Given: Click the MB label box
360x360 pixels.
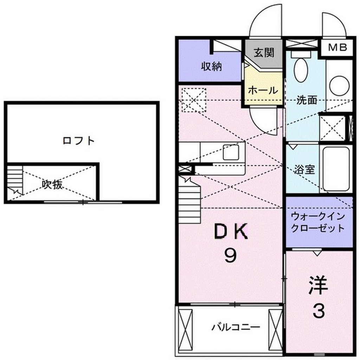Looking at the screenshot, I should point(337,47).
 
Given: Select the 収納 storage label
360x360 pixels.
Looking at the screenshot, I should point(211,66).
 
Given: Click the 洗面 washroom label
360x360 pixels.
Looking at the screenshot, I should point(307,100).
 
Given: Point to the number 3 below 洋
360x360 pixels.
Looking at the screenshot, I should point(319,310).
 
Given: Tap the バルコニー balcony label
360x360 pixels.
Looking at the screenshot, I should point(236,327).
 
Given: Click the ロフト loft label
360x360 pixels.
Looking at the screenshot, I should point(79,141).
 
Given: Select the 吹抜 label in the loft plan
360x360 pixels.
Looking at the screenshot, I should point(53,184).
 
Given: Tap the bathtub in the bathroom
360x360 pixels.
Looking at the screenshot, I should point(336,169).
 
